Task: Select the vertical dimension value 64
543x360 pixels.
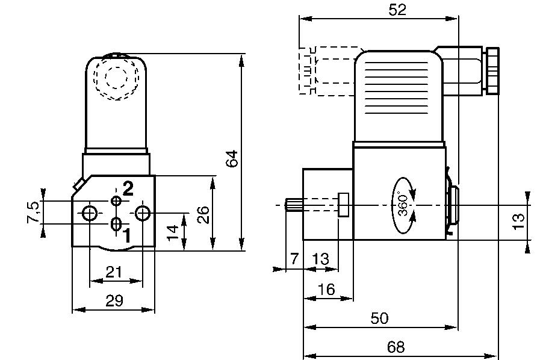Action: pos(232,158)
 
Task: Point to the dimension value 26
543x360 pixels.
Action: pos(203,214)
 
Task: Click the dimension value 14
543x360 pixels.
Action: pos(173,232)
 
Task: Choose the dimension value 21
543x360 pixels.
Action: pos(114,272)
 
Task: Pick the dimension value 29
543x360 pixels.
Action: pos(114,301)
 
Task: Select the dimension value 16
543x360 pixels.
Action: pos(326,290)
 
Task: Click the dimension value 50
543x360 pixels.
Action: pos(379,318)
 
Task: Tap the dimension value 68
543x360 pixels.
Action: pos(396,347)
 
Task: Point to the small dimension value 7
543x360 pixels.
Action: pos(294,259)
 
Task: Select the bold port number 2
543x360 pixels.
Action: pos(128,188)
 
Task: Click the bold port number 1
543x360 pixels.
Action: pos(126,235)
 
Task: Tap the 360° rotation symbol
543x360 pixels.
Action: pos(404,205)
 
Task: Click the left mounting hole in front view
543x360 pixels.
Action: pos(89,213)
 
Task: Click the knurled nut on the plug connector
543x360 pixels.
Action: pos(494,70)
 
